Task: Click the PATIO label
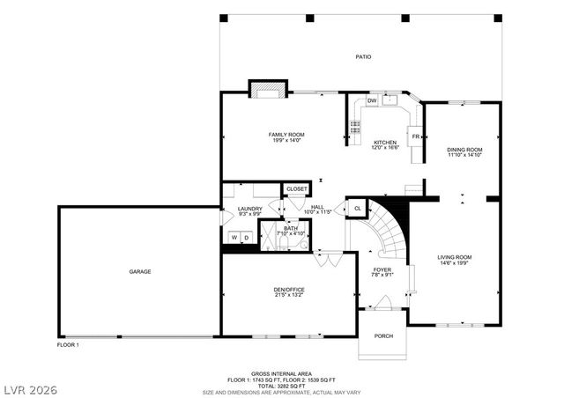click(363, 57)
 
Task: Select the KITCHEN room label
click(385, 143)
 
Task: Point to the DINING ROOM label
click(464, 150)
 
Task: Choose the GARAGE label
click(139, 271)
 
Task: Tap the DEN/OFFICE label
click(288, 290)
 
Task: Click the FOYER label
click(382, 270)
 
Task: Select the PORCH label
click(384, 335)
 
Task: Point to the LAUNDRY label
click(249, 209)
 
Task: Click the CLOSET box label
click(296, 189)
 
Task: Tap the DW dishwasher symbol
click(372, 101)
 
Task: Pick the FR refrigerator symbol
click(415, 136)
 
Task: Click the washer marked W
click(234, 238)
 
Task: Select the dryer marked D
click(247, 238)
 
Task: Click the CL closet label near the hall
click(357, 208)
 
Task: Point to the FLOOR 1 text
click(69, 344)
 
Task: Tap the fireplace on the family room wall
click(268, 89)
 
